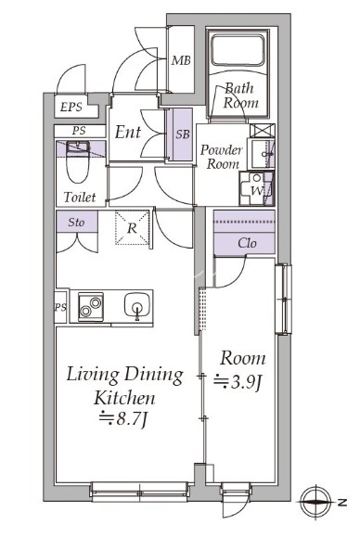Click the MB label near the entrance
pyautogui.click(x=181, y=60)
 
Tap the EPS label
pyautogui.click(x=71, y=108)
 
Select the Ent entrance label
pyautogui.click(x=127, y=132)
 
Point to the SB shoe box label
pyautogui.click(x=183, y=134)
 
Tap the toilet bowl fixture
pyautogui.click(x=79, y=161)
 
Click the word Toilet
pyautogui.click(x=80, y=197)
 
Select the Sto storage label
pyautogui.click(x=76, y=223)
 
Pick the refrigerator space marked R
pyautogui.click(x=133, y=228)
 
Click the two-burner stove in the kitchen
pyautogui.click(x=91, y=306)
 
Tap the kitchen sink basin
pyautogui.click(x=137, y=305)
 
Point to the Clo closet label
pyautogui.click(x=247, y=243)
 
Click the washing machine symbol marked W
pyautogui.click(x=257, y=188)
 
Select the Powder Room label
pyautogui.click(x=221, y=157)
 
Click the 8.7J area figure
pyautogui.click(x=123, y=418)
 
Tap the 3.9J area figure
pyautogui.click(x=238, y=381)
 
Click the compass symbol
pyautogui.click(x=315, y=503)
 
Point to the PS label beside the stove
pyautogui.click(x=60, y=307)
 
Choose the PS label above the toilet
pyautogui.click(x=79, y=131)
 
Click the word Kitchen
pyautogui.click(x=124, y=398)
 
